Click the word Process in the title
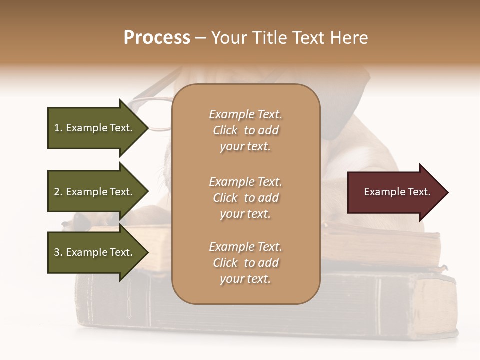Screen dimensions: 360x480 [x=157, y=38]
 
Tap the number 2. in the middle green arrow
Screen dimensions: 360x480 [x=58, y=192]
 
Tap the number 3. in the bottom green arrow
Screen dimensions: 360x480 [x=58, y=252]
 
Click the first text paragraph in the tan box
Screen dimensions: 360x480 [x=245, y=130]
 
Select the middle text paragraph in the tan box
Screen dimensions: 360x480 [x=245, y=198]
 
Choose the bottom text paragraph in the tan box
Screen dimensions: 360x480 [x=245, y=263]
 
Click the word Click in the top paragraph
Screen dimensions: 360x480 [x=225, y=130]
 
